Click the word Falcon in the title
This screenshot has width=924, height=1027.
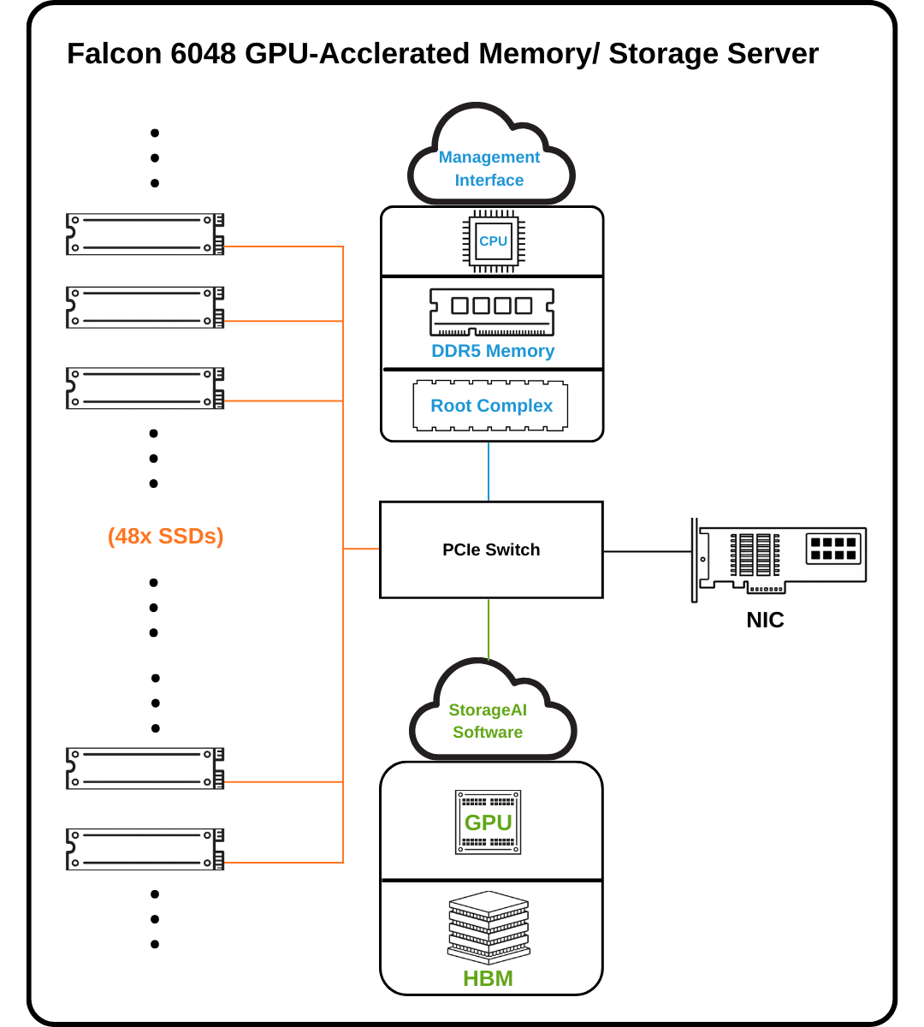(x=115, y=54)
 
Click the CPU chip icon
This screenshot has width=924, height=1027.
(x=494, y=241)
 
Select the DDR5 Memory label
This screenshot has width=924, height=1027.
(x=493, y=351)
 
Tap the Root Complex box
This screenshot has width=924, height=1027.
(x=491, y=406)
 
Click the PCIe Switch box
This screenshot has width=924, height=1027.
(x=491, y=549)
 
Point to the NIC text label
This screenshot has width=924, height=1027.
(x=765, y=620)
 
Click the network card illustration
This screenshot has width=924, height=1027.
(x=779, y=558)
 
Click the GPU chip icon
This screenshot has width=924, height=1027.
(x=488, y=822)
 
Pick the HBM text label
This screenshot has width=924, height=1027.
(x=488, y=978)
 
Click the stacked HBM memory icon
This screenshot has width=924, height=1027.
(x=489, y=928)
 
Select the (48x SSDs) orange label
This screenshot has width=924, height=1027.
(x=165, y=536)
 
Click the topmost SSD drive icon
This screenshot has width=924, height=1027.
(x=145, y=234)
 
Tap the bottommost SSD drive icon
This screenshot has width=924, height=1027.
(x=145, y=849)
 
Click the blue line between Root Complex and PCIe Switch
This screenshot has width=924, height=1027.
(x=489, y=472)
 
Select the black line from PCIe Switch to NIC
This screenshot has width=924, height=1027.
(x=647, y=551)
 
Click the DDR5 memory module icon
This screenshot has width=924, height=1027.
(x=492, y=312)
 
